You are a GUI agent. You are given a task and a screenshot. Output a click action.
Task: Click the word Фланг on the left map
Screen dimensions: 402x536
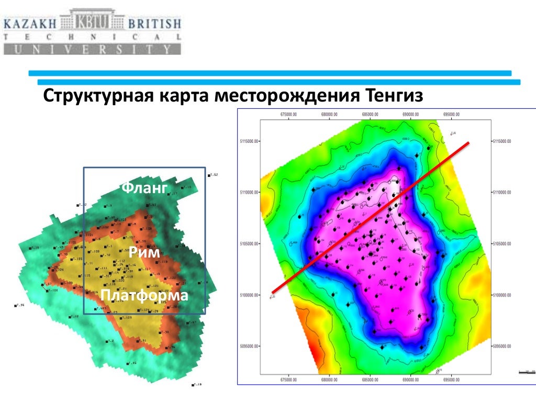point(144,187)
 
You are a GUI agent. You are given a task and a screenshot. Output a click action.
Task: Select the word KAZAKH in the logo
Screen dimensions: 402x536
point(31,24)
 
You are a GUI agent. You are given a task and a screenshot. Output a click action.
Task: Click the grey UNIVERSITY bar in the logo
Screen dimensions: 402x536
point(92,50)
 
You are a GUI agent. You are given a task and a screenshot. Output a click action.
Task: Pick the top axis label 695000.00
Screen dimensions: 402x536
point(451,115)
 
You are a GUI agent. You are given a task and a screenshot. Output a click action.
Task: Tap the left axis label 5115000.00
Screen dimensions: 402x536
point(247,141)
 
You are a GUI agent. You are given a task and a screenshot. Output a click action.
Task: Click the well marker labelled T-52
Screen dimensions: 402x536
point(209,175)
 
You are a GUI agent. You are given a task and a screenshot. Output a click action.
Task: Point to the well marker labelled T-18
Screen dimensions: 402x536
point(193,385)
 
